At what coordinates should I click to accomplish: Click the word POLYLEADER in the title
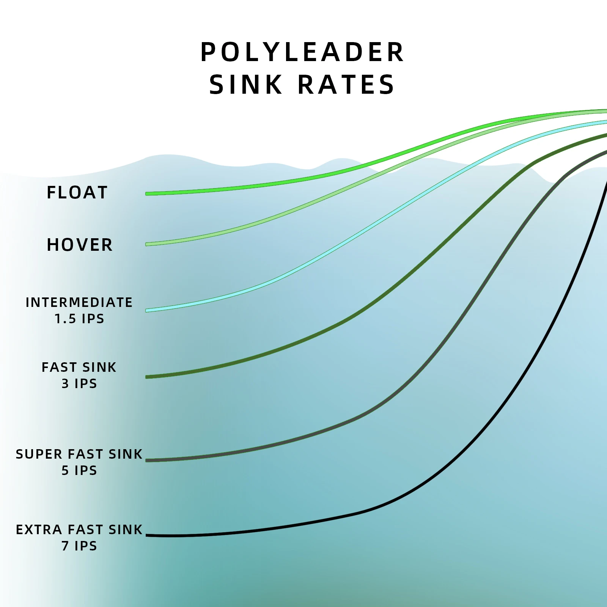click(x=302, y=52)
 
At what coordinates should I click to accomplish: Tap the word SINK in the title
click(x=246, y=85)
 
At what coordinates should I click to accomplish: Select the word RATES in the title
click(x=346, y=85)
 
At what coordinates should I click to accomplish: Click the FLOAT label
click(x=77, y=192)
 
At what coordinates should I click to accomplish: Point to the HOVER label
click(x=80, y=245)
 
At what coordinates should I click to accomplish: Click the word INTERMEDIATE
click(x=79, y=302)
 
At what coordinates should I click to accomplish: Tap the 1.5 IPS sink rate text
click(x=79, y=319)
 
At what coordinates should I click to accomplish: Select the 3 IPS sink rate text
click(x=79, y=384)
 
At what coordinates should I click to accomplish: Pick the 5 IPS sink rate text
click(x=79, y=470)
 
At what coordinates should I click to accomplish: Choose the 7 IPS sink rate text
click(x=79, y=546)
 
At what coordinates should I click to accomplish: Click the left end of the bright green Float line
click(x=147, y=194)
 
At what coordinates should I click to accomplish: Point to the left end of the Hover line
click(x=147, y=244)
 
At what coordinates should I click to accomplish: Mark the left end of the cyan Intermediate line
click(x=147, y=310)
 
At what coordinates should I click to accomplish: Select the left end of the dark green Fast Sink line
click(x=147, y=377)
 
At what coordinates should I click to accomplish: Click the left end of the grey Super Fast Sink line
click(x=147, y=460)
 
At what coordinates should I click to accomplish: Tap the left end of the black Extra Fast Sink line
click(x=148, y=535)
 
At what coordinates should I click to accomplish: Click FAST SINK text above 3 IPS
click(x=79, y=367)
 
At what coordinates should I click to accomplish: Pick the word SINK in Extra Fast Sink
click(x=125, y=530)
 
